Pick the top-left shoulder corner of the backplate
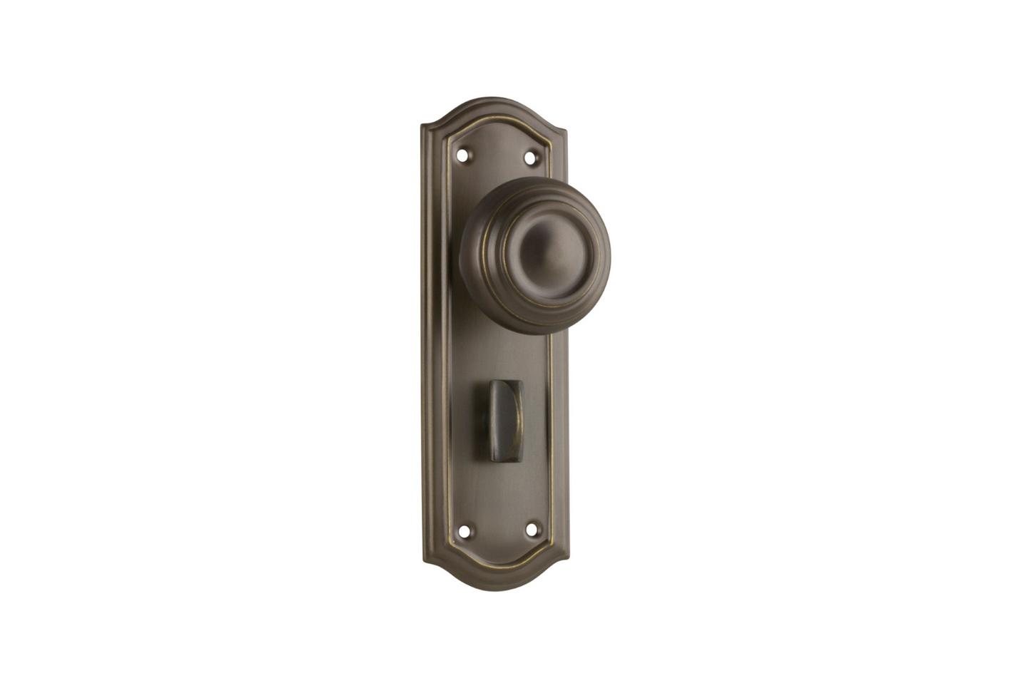pos(425,129)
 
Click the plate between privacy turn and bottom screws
pos(499,478)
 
